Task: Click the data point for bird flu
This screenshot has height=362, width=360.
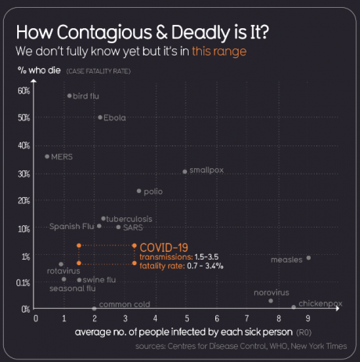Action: tap(70, 95)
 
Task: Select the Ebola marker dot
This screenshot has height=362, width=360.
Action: tap(100, 117)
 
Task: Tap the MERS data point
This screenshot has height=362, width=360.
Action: tap(47, 156)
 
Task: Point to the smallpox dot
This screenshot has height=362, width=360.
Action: tap(185, 171)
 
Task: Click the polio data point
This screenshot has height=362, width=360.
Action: tap(139, 191)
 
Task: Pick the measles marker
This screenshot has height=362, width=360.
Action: tap(308, 258)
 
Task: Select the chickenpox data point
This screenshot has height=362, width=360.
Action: tap(293, 307)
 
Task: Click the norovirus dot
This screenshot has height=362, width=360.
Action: tap(271, 301)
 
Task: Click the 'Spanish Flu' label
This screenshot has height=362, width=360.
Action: tap(71, 227)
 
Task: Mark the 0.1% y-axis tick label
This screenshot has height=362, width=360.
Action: tap(23, 282)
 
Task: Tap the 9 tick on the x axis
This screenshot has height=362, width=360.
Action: tap(308, 319)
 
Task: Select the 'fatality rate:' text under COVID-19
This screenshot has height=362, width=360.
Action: tap(160, 266)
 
